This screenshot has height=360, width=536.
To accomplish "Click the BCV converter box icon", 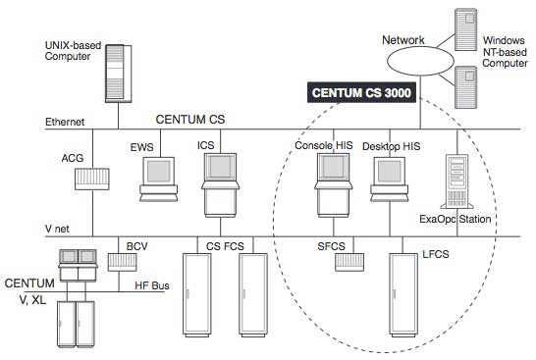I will click(x=122, y=263).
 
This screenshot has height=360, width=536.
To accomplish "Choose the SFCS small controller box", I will click(x=346, y=263).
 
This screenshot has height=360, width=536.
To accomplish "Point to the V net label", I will click(x=60, y=227).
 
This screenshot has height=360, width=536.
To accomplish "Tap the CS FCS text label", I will click(x=227, y=244).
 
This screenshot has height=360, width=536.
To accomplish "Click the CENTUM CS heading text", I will click(x=190, y=119).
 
